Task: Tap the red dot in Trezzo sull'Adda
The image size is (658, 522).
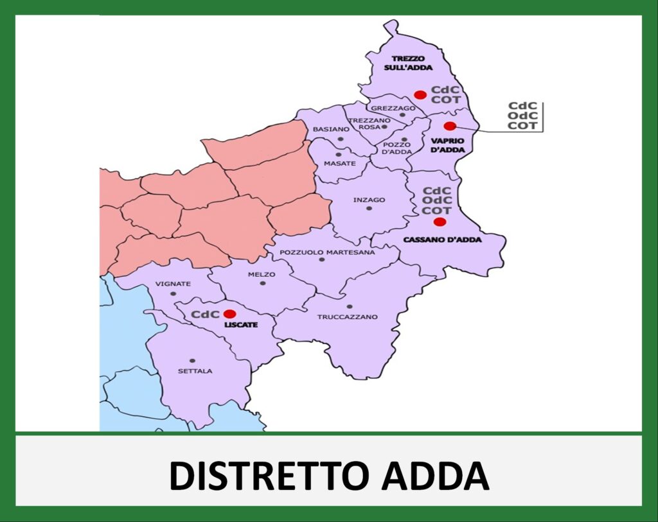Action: coord(420,95)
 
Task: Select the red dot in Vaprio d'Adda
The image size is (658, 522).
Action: coord(450,126)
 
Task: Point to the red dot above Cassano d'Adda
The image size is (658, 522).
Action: coord(440,222)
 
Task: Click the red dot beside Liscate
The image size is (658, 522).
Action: coord(229,314)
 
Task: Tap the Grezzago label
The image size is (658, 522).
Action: coord(393,108)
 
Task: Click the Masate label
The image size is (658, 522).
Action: coord(339,164)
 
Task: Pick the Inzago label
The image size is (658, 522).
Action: coord(369,200)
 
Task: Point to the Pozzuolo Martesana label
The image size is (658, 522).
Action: coord(327,252)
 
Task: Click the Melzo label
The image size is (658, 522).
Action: coord(262,274)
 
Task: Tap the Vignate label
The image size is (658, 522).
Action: coord(173,284)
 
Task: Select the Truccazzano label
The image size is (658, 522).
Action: coord(348,317)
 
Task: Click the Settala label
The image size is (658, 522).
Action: coord(195,371)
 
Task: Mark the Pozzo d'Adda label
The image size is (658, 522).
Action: coord(396,148)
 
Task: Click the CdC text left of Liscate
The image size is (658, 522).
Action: coord(205,314)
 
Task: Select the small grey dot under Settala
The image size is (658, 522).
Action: coord(192,360)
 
